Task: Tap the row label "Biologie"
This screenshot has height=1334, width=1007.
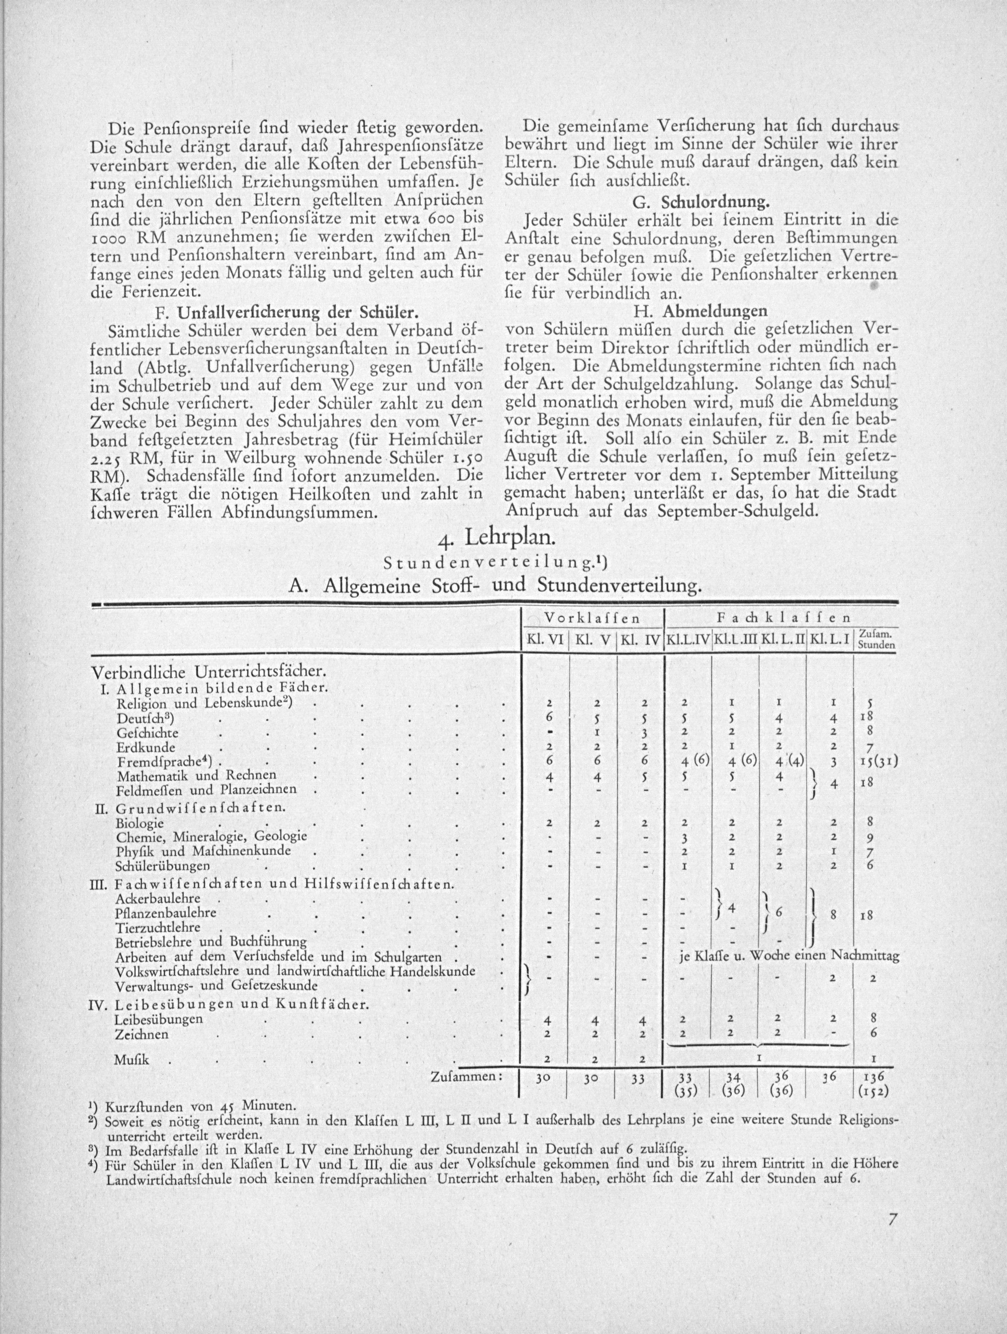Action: pyautogui.click(x=140, y=823)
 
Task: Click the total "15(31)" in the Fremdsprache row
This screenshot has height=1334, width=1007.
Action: pyautogui.click(x=876, y=762)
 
